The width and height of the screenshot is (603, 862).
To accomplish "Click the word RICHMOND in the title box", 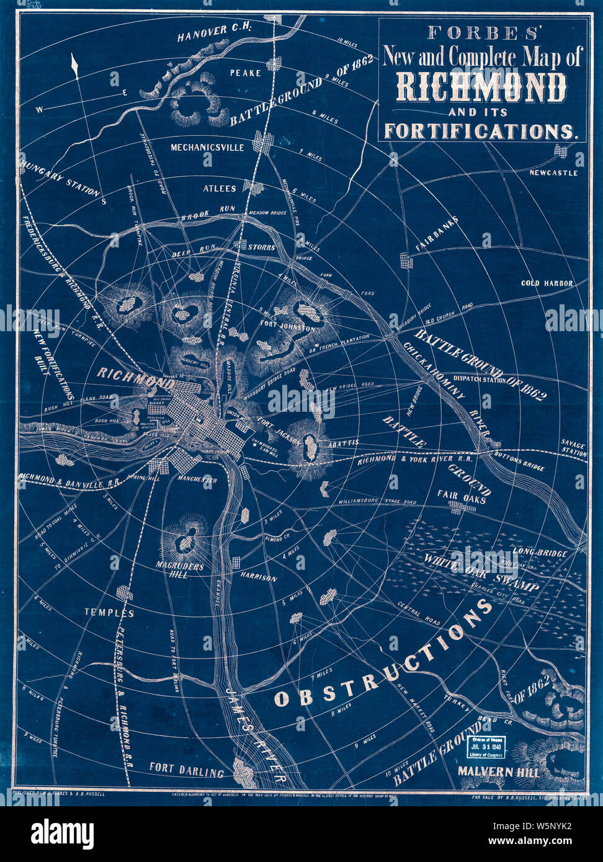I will pos(481,87).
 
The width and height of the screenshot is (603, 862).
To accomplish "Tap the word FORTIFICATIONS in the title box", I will pos(481,131).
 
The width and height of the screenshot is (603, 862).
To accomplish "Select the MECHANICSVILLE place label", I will pos(208,148).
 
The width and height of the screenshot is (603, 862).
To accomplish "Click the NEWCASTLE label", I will pos(553,172).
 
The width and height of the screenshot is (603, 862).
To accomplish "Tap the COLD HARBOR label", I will pos(547,283).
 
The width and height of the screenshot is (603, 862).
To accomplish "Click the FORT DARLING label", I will pos(186,773).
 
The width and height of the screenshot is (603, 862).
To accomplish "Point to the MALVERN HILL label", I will pos(498,772).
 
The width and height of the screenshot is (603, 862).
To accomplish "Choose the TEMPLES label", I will pos(109,613).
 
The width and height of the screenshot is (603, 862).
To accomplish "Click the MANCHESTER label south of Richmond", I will pos(197,480).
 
